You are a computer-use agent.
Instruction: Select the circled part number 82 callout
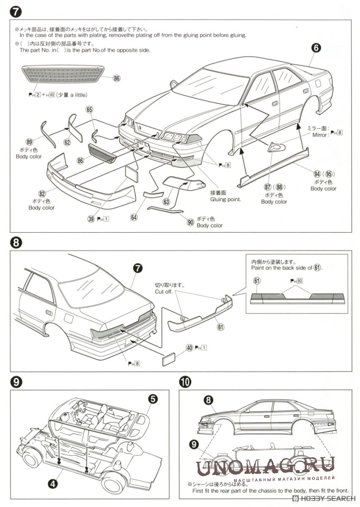coord(42,193)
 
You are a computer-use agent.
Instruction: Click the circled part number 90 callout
coord(190,222)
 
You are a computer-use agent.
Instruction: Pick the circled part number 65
coord(90,110)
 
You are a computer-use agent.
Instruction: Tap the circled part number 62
coord(67,142)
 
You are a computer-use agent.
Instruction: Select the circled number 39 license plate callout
coord(90,218)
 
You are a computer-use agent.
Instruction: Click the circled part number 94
coord(317,173)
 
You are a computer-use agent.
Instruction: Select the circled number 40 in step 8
coord(189,347)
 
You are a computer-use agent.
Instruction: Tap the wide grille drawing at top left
coord(65,77)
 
